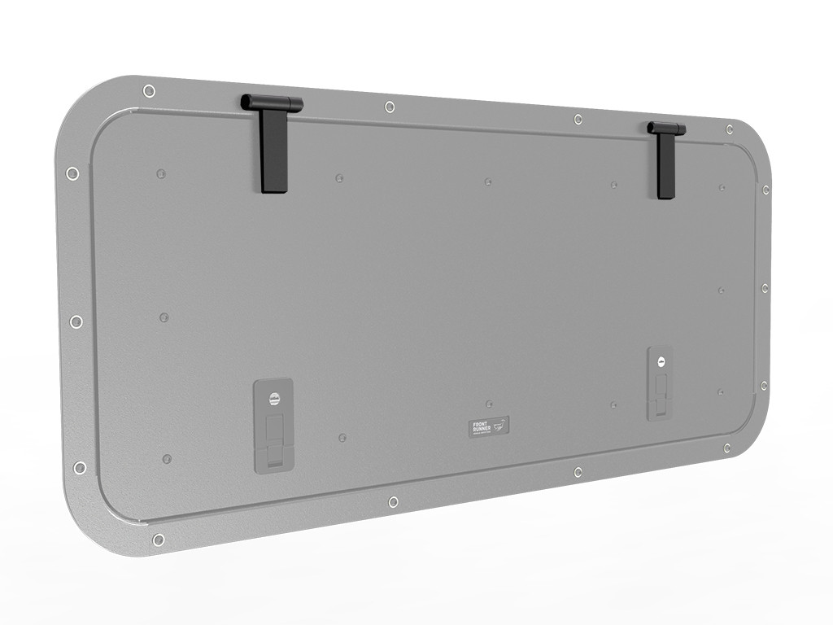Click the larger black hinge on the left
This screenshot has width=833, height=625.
[x=274, y=146]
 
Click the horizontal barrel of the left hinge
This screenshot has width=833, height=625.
[x=272, y=103]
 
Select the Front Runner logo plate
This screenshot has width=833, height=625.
[x=489, y=426]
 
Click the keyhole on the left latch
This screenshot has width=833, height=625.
[x=274, y=400]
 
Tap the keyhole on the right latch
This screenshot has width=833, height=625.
[x=661, y=362]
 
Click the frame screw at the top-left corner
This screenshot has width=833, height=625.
[x=148, y=90]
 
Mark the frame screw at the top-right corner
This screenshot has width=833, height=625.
[x=730, y=129]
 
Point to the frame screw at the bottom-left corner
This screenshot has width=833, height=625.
[x=159, y=540]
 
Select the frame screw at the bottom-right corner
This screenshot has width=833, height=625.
[x=726, y=448]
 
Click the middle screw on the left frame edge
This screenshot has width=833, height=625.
[x=76, y=321]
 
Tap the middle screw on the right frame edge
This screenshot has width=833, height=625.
[x=765, y=288]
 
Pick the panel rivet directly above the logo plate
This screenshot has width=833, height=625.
[x=489, y=404]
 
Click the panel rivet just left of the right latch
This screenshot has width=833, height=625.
[x=614, y=404]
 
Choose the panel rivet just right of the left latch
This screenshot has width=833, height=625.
[x=342, y=438]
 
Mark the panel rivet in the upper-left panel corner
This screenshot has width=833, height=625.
[x=161, y=173]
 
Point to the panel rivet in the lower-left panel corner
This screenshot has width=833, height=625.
[x=167, y=459]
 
